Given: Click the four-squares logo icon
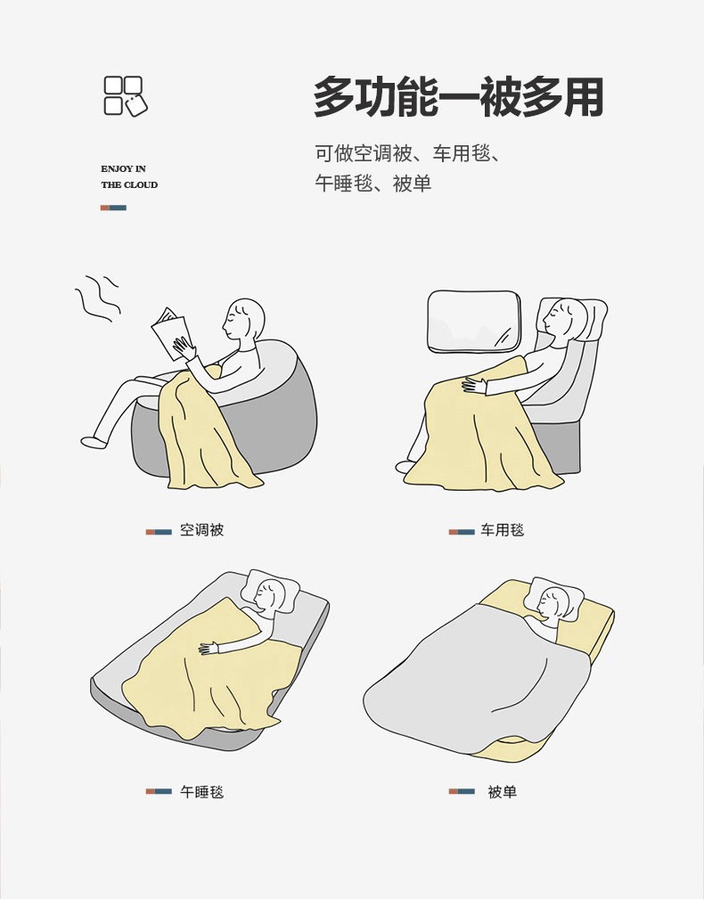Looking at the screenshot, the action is pyautogui.click(x=125, y=95).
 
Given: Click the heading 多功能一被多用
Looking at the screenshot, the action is pyautogui.click(x=459, y=97).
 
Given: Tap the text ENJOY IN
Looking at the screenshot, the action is pyautogui.click(x=123, y=168).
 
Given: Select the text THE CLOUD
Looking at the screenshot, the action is pyautogui.click(x=129, y=184).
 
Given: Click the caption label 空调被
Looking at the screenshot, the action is pyautogui.click(x=201, y=530).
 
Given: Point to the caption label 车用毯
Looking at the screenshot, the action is pyautogui.click(x=503, y=530).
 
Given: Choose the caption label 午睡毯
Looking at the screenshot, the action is pyautogui.click(x=201, y=792).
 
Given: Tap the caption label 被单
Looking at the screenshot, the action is pyautogui.click(x=503, y=792).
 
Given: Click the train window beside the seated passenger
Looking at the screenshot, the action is pyautogui.click(x=474, y=321).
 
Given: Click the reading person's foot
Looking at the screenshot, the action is pyautogui.click(x=94, y=443).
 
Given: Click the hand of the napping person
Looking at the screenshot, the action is pyautogui.click(x=209, y=649).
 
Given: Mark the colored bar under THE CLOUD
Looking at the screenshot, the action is pyautogui.click(x=113, y=208).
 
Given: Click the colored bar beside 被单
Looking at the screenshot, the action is pyautogui.click(x=462, y=791).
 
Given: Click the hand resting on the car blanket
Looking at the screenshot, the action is pyautogui.click(x=474, y=385).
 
